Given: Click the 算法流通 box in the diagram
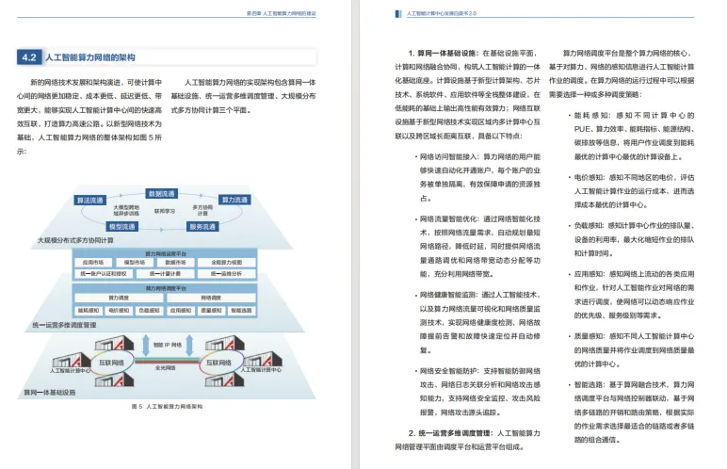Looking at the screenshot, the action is (x=91, y=200).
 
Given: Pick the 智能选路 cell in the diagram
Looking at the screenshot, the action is (x=240, y=309).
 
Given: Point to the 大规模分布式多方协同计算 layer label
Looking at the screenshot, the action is (x=75, y=240).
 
